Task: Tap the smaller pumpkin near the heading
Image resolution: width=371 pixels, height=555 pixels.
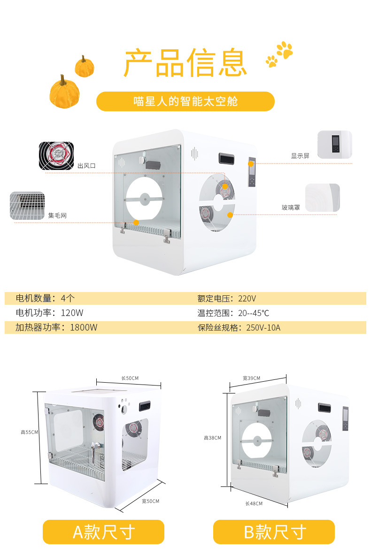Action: pos(85,66)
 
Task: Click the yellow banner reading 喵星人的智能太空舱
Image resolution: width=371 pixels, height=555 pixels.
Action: pos(185,101)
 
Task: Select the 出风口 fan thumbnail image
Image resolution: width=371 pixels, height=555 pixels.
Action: pos(56,156)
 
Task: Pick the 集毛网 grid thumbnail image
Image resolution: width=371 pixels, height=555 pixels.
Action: pos(27,206)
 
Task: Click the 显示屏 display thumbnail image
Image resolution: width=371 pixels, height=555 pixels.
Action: pos(335,145)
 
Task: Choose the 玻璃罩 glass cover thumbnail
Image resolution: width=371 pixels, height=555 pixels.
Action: pos(323,198)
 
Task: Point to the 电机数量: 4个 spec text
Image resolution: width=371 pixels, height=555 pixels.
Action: pos(45,298)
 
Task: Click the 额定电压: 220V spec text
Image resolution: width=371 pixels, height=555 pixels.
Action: pos(226,299)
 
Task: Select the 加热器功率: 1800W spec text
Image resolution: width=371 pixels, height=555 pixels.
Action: pos(56,327)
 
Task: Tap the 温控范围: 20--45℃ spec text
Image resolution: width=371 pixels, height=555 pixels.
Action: pos(233,313)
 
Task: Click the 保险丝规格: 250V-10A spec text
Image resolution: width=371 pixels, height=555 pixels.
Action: pos(239,328)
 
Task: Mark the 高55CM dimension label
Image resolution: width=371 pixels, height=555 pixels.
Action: pos(29,432)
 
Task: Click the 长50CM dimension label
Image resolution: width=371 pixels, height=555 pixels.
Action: pos(130,378)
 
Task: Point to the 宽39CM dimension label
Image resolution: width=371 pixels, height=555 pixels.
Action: pos(251,378)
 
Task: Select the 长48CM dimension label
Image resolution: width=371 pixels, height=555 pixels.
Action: pos(254,504)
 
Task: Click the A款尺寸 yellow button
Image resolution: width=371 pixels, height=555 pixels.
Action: pos(104,532)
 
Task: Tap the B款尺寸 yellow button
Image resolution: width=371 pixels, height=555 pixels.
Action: pos(274,532)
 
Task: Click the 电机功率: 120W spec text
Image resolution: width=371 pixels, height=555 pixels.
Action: pos(50,313)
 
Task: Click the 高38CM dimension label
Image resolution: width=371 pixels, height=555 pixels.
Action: pos(212,438)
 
